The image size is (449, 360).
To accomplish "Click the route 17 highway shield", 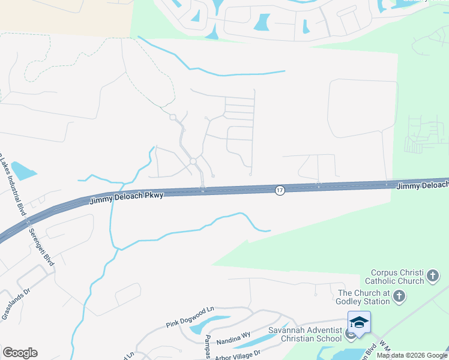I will pos(280,190).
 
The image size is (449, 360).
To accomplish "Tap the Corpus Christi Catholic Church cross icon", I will pos(433,277).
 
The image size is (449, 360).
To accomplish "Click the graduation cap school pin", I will pos(359,323).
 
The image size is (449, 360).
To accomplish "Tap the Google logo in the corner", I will pos(20,353).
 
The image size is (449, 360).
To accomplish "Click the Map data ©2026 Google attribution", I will pos(412,355).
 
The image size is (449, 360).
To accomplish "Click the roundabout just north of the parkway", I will pos(193,161).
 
